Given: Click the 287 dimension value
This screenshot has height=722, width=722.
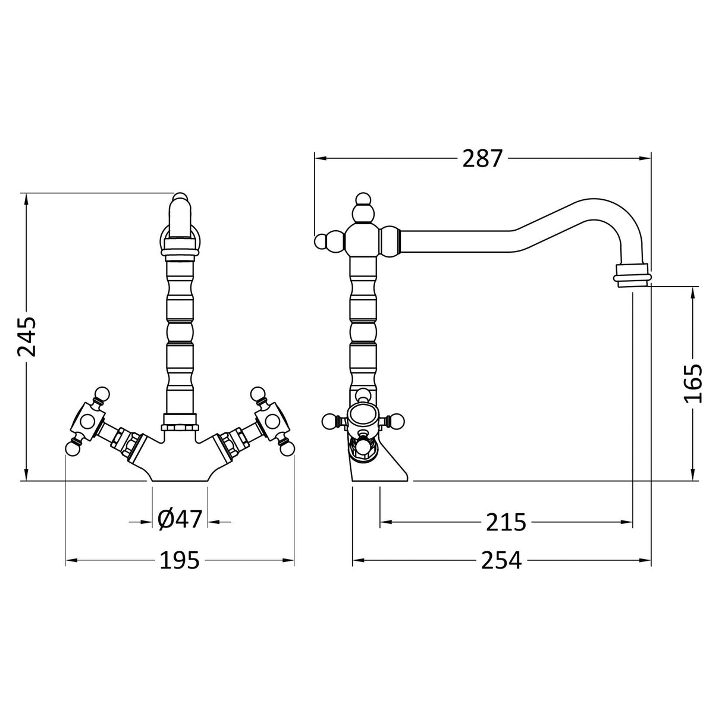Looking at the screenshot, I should [x=482, y=159].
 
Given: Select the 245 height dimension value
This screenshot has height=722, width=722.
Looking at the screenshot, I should [x=27, y=336].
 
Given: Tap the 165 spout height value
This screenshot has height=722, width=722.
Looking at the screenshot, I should [x=693, y=383].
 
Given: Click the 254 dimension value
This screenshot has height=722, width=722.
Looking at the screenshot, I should [x=501, y=560].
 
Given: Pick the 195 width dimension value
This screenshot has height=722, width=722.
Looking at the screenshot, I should [x=179, y=560].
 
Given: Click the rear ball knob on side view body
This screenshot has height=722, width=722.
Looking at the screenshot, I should [x=321, y=241].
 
